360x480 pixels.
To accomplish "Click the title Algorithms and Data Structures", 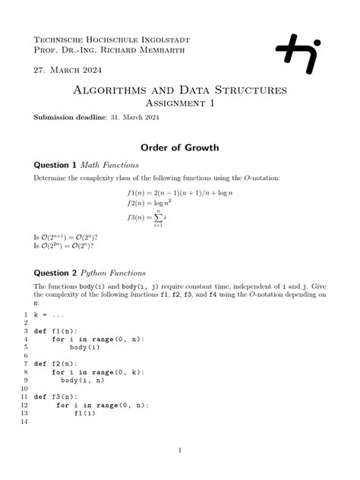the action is coord(179,90).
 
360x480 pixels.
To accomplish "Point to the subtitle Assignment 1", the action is coord(179,103).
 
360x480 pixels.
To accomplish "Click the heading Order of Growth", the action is coord(179,147).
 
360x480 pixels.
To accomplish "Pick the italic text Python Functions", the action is coord(115,272).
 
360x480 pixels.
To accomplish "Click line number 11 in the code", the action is coord(25,396).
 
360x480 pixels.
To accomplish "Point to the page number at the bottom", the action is coord(179,450).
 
